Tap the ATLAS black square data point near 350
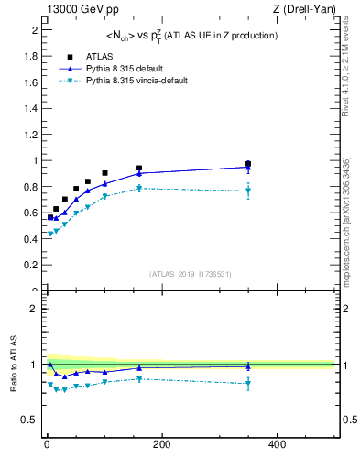[248, 164]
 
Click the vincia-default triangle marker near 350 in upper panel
[248, 191]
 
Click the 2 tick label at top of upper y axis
[34, 30]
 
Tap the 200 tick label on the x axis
[161, 444]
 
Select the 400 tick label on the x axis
[277, 444]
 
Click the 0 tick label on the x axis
[46, 444]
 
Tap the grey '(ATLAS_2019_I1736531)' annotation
[191, 274]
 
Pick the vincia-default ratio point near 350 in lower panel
[248, 383]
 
